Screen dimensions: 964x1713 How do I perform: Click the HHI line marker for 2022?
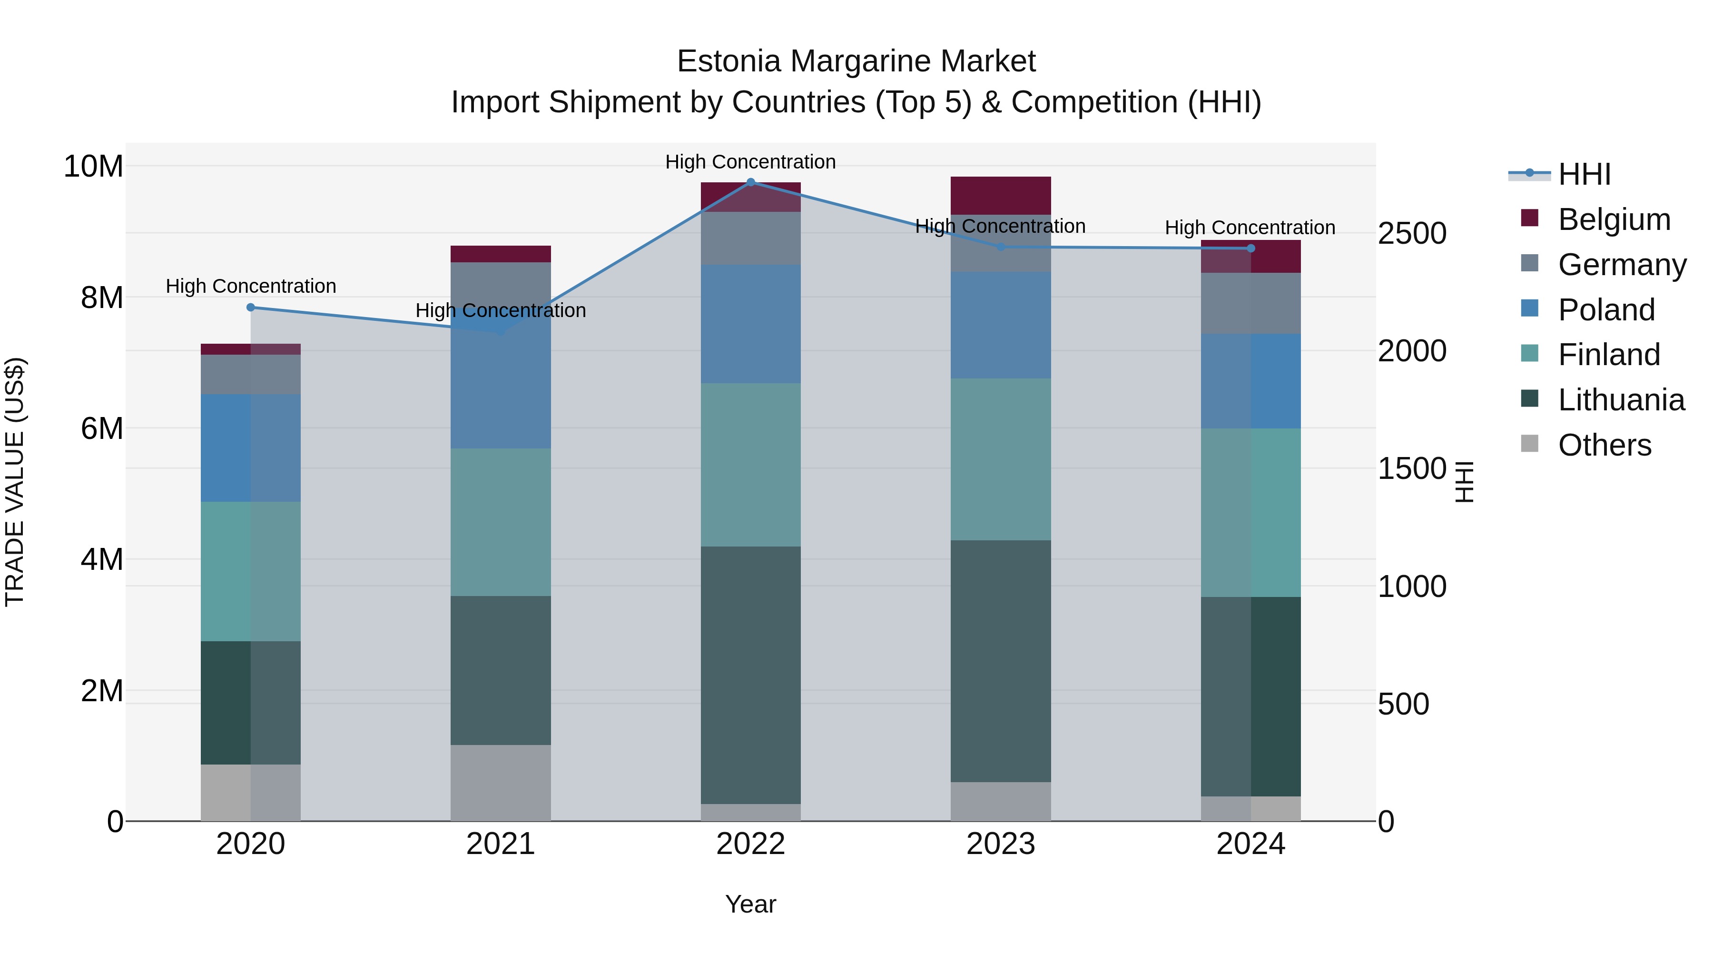(751, 182)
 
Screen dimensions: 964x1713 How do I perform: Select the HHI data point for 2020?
(251, 308)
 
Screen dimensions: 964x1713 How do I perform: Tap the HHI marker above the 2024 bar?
(1251, 248)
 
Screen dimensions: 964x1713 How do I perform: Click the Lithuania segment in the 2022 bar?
(751, 675)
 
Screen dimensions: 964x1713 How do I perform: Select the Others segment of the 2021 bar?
(501, 783)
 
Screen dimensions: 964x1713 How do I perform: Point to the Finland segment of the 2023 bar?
(1001, 459)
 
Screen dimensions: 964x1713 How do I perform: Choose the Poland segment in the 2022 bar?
(751, 324)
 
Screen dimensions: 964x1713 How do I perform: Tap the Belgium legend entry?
(1614, 219)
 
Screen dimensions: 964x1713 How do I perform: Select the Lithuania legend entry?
(1621, 400)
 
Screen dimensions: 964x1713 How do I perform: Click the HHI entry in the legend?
(1584, 174)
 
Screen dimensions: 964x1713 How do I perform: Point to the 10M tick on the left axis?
(93, 166)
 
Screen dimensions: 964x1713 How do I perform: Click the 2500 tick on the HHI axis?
(1412, 234)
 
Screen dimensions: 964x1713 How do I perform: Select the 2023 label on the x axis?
(1001, 844)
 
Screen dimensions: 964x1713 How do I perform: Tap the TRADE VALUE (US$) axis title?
(15, 482)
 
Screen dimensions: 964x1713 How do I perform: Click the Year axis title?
(751, 904)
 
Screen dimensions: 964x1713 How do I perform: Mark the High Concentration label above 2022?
(751, 162)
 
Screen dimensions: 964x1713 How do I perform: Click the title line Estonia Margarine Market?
(856, 61)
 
